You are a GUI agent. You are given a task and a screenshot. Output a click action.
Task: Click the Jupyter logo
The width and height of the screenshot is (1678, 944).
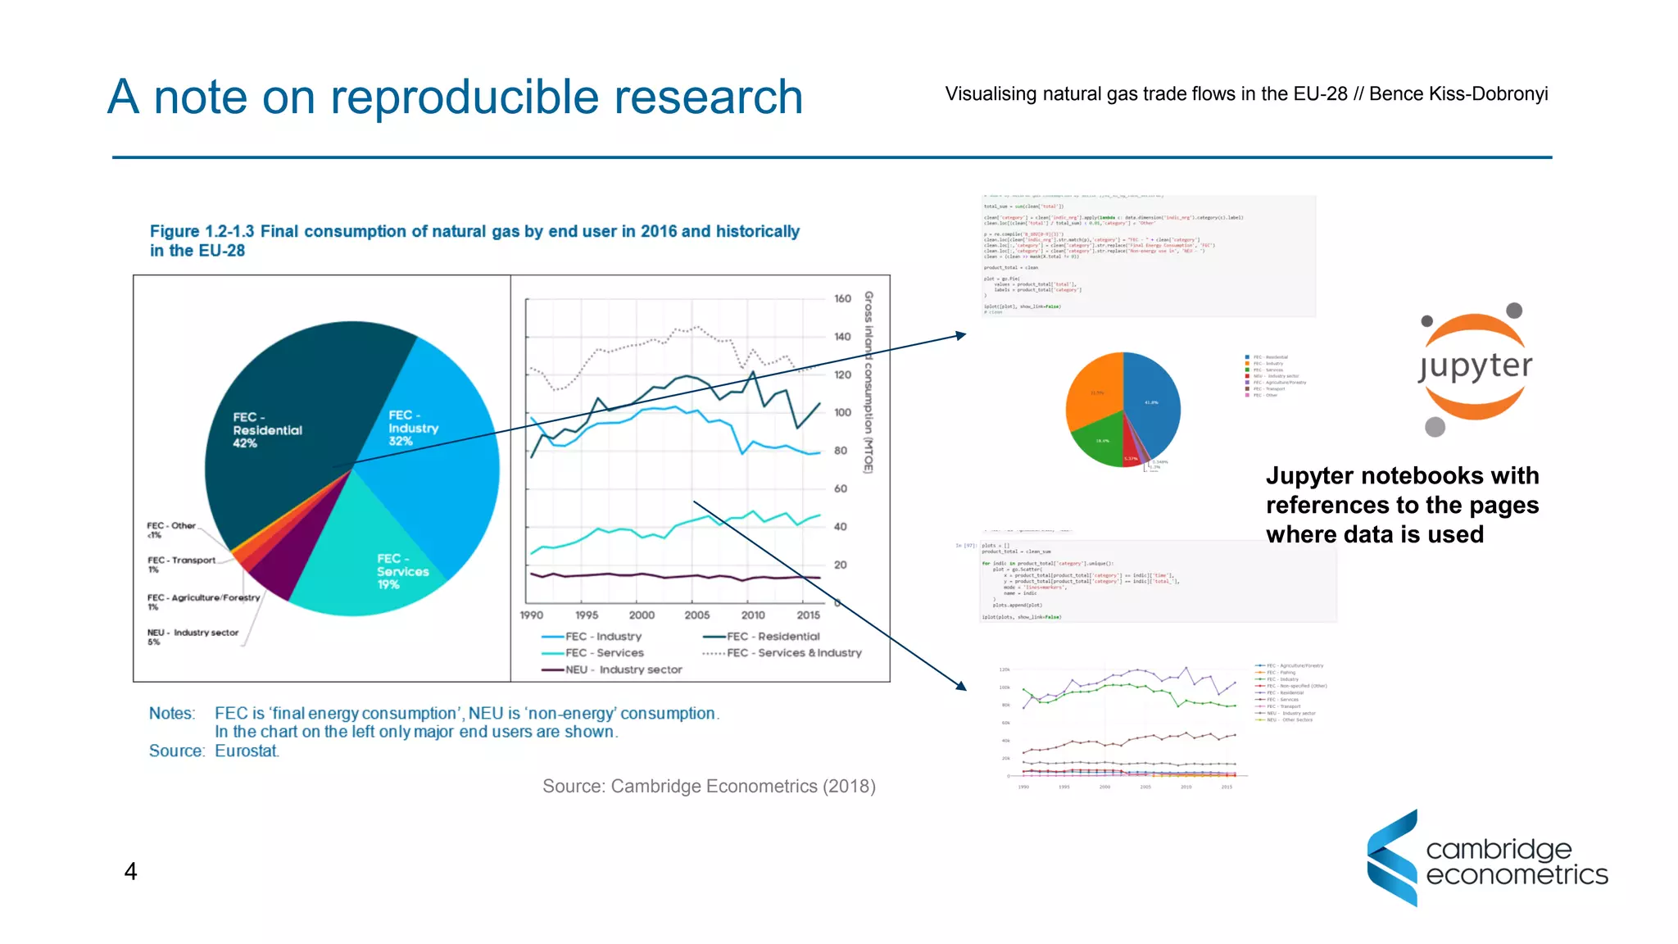(1475, 369)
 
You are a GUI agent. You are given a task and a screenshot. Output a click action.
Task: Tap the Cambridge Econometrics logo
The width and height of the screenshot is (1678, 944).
(1487, 859)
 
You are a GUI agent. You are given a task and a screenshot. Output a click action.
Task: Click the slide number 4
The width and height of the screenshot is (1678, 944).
(130, 871)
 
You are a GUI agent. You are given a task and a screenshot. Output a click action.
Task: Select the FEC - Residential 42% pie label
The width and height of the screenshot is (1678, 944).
(267, 430)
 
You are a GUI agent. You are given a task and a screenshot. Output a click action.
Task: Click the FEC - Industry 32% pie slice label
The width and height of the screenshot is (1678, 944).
(413, 428)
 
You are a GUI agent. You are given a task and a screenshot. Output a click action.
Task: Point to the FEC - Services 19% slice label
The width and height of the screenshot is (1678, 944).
(402, 571)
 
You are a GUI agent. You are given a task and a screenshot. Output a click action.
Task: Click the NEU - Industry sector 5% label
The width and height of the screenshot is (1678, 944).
(193, 637)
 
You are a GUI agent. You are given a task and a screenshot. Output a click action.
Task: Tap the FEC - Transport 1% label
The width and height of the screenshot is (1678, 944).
(181, 564)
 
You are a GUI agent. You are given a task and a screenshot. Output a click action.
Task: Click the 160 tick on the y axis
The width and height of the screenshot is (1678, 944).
(842, 298)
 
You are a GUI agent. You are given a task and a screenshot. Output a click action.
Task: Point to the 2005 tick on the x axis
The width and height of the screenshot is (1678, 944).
(696, 615)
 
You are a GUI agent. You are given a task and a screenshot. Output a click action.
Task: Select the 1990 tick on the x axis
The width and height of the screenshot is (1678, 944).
(531, 615)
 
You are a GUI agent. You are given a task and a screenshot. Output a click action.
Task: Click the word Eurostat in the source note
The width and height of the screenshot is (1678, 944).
(247, 751)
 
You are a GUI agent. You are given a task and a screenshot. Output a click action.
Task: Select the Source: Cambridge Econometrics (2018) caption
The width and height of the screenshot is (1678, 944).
(709, 787)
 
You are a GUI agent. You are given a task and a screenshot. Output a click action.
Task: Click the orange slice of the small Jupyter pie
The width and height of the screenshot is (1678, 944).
(1094, 389)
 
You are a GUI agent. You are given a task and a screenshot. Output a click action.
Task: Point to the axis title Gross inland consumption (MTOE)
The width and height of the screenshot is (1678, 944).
(868, 383)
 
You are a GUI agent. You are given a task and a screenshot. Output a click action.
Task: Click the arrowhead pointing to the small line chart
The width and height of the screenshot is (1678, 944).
(961, 686)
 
